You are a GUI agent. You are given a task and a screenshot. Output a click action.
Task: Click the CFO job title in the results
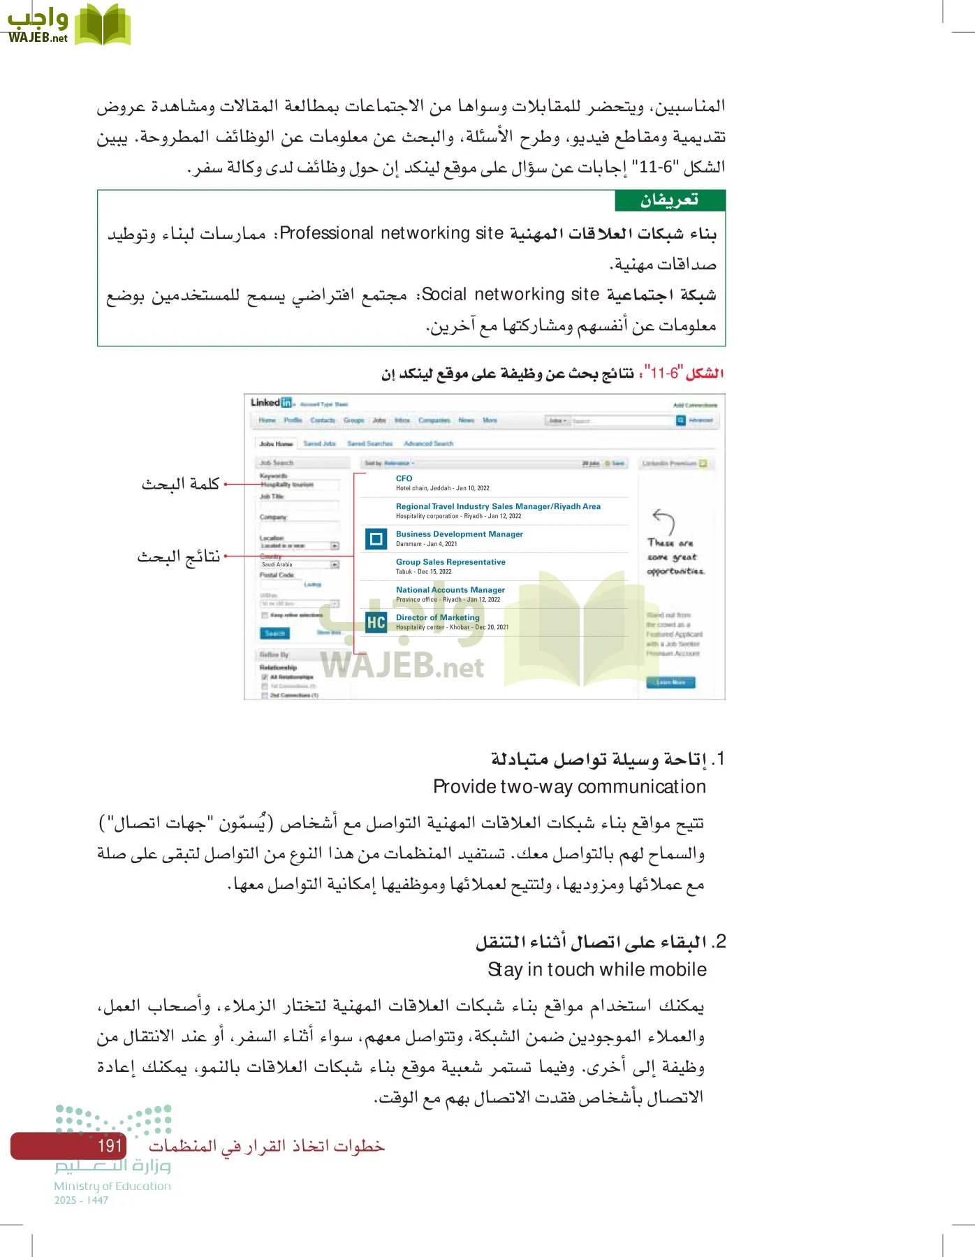[x=404, y=478]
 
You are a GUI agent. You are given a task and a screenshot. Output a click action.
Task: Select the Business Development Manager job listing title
[x=459, y=534]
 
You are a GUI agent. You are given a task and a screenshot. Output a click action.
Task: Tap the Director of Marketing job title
[x=437, y=617]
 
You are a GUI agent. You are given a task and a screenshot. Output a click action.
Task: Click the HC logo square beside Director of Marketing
[x=376, y=622]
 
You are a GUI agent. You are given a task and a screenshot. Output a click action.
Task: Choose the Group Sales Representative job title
[x=450, y=562]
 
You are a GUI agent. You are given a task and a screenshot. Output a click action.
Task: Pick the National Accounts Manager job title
[x=450, y=590]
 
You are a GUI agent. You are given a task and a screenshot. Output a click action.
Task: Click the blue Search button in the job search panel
[x=274, y=633]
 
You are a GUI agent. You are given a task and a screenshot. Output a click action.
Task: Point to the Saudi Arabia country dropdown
[x=299, y=564]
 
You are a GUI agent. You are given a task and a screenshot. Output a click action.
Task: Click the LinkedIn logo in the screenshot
[x=271, y=402]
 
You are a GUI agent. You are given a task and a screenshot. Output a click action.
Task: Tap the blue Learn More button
[x=670, y=682]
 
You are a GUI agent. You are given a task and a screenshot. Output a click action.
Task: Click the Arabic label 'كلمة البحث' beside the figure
[x=180, y=483]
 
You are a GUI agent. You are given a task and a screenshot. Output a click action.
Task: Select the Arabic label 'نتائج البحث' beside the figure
[x=179, y=557]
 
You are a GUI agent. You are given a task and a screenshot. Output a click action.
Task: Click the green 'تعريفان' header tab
[x=670, y=200]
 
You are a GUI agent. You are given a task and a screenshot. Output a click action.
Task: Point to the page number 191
[x=110, y=1146]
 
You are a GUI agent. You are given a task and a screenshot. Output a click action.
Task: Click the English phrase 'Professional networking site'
[x=391, y=233]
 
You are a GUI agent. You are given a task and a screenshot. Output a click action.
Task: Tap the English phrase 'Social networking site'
[x=511, y=295]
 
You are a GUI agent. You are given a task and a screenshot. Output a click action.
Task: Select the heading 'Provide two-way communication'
[x=569, y=787]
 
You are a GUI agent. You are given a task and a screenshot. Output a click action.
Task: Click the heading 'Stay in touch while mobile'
[x=597, y=969]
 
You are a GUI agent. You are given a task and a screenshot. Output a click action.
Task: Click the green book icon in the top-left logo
[x=102, y=25]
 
